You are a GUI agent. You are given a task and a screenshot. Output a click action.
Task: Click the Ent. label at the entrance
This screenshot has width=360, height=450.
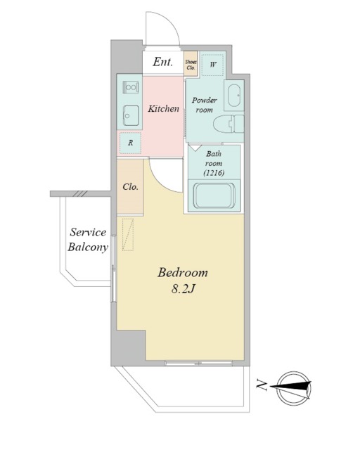tap(163, 62)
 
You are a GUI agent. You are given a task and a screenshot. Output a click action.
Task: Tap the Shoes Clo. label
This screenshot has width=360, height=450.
tap(191, 65)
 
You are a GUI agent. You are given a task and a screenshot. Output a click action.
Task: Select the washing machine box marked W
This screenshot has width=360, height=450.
tap(212, 65)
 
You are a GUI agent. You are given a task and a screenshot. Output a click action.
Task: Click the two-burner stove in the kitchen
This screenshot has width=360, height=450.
tap(131, 87)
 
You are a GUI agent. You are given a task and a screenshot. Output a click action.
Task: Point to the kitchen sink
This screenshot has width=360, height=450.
tap(131, 115)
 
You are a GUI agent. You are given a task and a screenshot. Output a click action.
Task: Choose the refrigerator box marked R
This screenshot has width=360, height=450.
tap(130, 143)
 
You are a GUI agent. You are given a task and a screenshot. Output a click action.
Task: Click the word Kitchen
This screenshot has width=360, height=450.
tap(163, 109)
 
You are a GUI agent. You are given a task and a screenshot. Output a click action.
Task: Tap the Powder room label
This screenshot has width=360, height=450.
tap(205, 105)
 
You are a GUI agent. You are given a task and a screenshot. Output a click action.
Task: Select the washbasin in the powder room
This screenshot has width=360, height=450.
tap(234, 96)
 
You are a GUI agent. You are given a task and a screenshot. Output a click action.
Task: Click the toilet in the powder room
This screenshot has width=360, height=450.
tap(229, 124)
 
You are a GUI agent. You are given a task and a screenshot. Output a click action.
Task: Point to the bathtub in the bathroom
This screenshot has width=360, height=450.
tap(214, 195)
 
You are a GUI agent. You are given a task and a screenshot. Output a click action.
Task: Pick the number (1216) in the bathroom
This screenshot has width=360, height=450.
tap(214, 173)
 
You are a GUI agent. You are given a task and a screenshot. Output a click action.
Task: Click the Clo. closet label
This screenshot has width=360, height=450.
tap(130, 187)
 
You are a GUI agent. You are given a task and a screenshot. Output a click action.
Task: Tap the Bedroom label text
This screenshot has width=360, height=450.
tap(183, 272)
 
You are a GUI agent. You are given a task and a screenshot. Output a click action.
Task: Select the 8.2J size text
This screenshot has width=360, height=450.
tap(183, 289)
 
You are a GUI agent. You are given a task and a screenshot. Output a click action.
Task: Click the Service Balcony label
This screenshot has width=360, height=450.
tap(88, 240)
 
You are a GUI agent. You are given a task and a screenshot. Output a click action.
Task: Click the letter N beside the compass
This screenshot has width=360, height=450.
tap(262, 385)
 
